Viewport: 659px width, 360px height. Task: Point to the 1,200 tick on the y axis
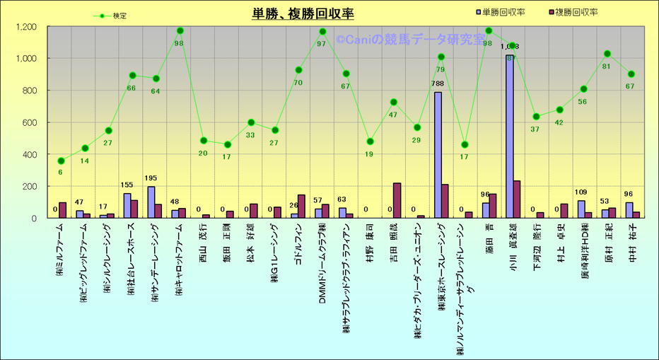pyautogui.click(x=26, y=27)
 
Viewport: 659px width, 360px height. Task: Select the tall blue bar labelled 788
pyautogui.click(x=438, y=154)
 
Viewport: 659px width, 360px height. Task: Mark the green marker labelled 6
pyautogui.click(x=61, y=161)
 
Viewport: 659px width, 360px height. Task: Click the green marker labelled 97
pyautogui.click(x=322, y=32)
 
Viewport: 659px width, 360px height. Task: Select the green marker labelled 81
pyautogui.click(x=607, y=54)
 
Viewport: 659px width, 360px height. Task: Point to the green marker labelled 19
pyautogui.click(x=370, y=141)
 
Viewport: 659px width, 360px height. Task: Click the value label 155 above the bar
pyautogui.click(x=127, y=186)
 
